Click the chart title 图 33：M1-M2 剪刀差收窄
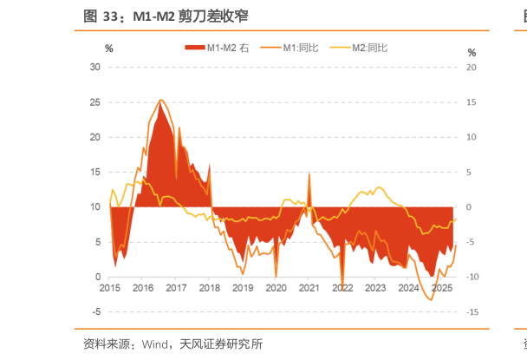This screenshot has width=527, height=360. point(165,16)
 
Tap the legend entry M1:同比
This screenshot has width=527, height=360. point(294,48)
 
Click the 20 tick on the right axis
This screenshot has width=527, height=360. point(471,67)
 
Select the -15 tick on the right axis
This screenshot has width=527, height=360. point(471,311)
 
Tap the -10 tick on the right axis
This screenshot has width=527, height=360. point(471,277)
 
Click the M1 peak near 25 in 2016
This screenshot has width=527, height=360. point(160,101)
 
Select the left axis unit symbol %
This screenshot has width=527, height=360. point(108,49)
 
